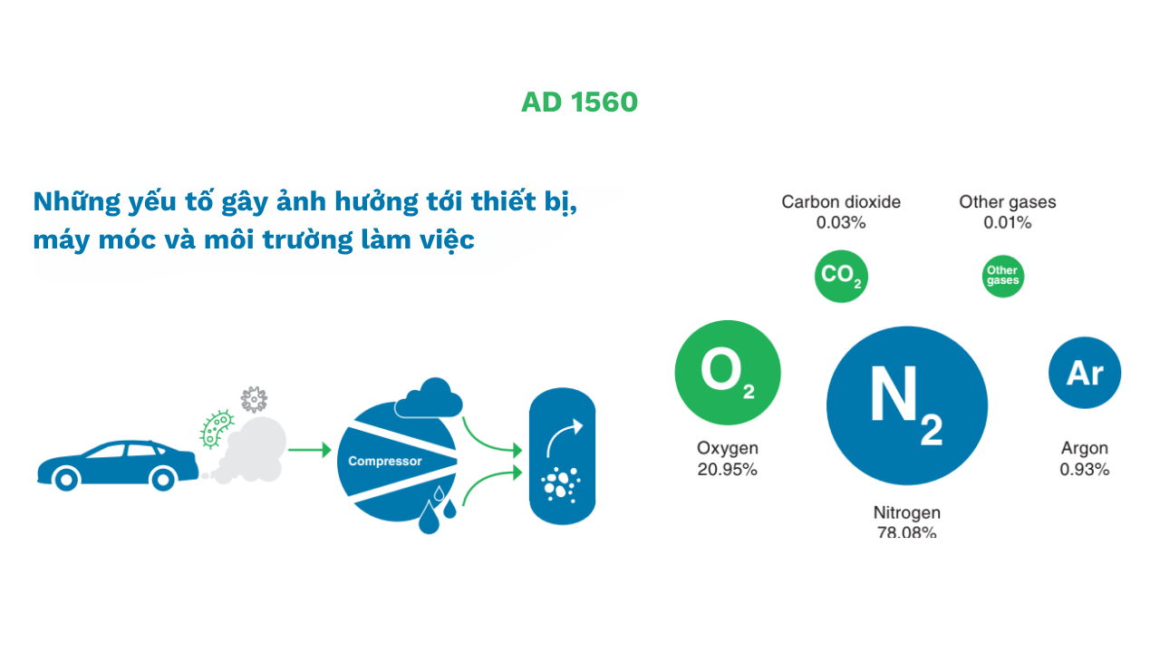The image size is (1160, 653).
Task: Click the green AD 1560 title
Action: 579,102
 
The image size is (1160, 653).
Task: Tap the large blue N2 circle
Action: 906,404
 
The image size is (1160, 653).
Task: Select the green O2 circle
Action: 727,373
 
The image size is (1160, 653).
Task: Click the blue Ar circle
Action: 1084,373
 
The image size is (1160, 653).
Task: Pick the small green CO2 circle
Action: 841,276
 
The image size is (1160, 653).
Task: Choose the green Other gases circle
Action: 1002,276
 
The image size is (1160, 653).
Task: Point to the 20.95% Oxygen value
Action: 727,470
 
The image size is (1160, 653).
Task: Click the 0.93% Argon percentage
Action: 1084,470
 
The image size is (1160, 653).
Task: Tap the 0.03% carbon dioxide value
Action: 841,223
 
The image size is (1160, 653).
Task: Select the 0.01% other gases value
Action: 1007,223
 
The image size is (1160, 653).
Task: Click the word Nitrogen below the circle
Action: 906,513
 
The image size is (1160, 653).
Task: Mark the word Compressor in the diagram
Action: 385,462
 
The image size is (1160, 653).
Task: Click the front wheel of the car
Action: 64,478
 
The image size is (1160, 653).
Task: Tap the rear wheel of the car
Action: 163,478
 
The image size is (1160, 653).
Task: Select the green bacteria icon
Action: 217,429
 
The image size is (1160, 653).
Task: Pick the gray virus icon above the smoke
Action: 254,399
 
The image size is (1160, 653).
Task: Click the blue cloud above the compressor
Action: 428,399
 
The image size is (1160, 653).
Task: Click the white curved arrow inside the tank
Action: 563,436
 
